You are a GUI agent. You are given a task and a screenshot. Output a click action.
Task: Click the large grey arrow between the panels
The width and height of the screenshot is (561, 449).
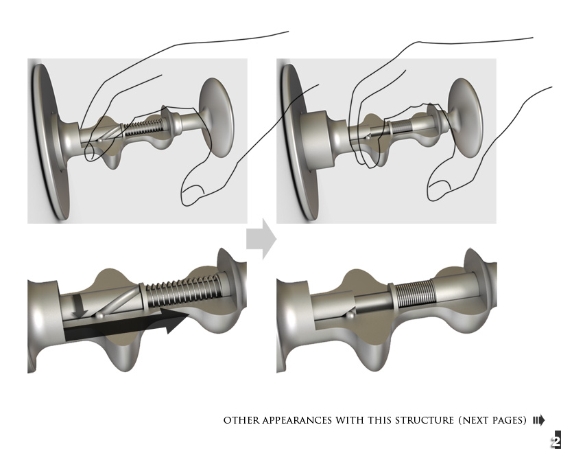point(261,240)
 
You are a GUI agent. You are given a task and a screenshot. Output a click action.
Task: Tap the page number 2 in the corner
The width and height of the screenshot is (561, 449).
point(556,441)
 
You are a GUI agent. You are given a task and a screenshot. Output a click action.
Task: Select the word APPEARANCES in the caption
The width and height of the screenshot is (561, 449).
point(296,420)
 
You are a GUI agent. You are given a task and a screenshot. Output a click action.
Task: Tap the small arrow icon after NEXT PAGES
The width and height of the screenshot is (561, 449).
point(538,420)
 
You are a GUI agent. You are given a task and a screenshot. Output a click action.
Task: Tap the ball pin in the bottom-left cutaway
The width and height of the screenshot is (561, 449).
point(101,315)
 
